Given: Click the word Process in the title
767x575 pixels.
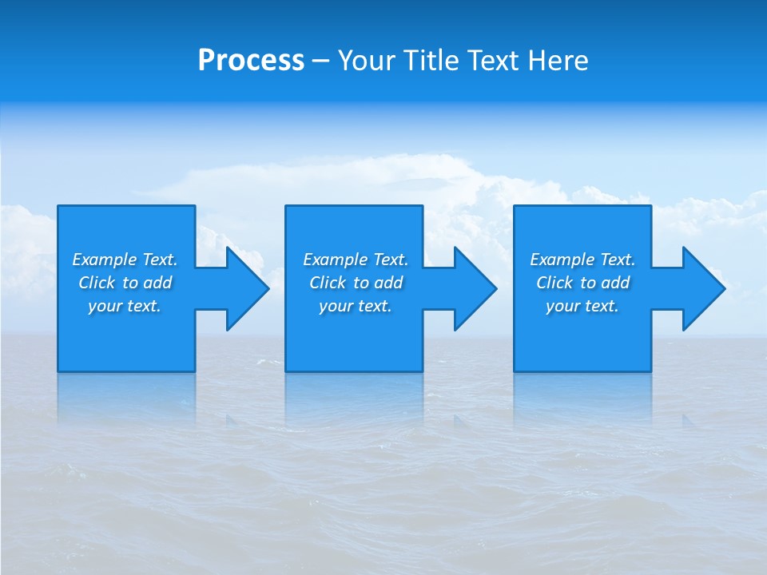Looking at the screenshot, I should (251, 61).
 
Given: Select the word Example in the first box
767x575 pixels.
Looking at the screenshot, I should (105, 260).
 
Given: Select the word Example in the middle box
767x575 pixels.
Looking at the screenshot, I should (336, 260).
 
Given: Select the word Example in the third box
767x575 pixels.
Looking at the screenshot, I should (562, 260).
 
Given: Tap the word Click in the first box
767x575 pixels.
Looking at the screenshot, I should (97, 283).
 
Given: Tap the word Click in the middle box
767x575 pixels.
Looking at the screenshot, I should (328, 283).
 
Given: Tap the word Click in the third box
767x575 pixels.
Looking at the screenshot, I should (554, 283).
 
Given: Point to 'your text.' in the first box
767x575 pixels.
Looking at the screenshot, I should (125, 306).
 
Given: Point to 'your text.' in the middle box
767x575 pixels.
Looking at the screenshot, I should (356, 306).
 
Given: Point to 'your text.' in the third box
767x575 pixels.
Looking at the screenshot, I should (582, 306).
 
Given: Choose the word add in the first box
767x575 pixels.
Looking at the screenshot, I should (158, 283).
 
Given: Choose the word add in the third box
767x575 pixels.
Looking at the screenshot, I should (616, 283).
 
